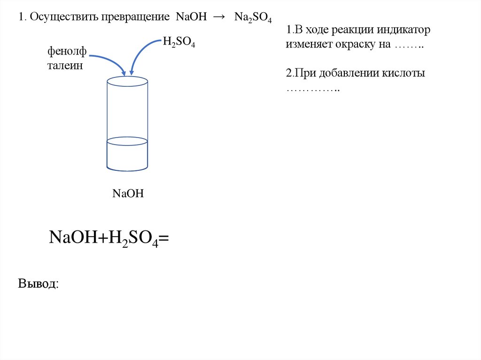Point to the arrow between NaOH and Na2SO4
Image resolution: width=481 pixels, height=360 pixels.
pos(218,17)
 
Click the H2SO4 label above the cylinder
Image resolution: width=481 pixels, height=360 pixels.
pos(178,42)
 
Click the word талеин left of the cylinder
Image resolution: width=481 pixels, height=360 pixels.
pos(64,66)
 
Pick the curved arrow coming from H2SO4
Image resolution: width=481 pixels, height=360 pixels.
pos(141,52)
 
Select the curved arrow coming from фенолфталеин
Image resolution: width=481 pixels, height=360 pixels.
pos(108,61)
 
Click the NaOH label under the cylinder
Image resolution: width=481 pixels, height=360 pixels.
pos(127,193)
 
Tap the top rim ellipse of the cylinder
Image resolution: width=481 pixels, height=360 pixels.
pos(127,81)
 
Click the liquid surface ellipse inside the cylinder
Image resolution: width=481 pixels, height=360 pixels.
pos(127,140)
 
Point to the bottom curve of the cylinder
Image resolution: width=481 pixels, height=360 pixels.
pos(127,169)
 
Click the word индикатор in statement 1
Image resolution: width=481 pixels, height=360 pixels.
pos(403,31)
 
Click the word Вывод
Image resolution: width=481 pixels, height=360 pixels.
pos(39,283)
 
